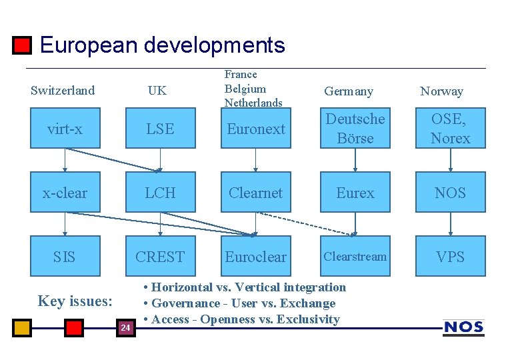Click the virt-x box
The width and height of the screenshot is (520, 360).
click(65, 129)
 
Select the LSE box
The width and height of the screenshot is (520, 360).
click(160, 129)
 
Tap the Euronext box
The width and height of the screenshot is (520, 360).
click(256, 129)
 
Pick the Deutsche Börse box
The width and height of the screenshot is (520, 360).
click(355, 129)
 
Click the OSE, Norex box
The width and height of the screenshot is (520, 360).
click(451, 129)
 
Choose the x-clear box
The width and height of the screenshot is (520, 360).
click(65, 193)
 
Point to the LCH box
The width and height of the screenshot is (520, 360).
click(160, 193)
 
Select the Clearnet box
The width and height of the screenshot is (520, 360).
click(256, 193)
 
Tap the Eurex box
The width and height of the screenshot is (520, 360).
click(355, 193)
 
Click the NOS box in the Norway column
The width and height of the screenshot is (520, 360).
click(451, 193)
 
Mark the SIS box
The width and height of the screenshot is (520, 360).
click(65, 257)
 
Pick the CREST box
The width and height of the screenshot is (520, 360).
click(160, 257)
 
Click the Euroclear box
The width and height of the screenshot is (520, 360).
click(256, 257)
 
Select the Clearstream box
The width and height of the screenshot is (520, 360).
click(355, 257)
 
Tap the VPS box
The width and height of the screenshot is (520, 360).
click(451, 257)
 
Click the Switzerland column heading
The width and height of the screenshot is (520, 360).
click(63, 91)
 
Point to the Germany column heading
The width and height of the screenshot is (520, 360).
click(348, 91)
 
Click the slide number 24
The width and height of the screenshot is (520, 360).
click(125, 327)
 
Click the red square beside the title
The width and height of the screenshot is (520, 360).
click(23, 45)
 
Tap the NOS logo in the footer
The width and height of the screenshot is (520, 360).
click(463, 327)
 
